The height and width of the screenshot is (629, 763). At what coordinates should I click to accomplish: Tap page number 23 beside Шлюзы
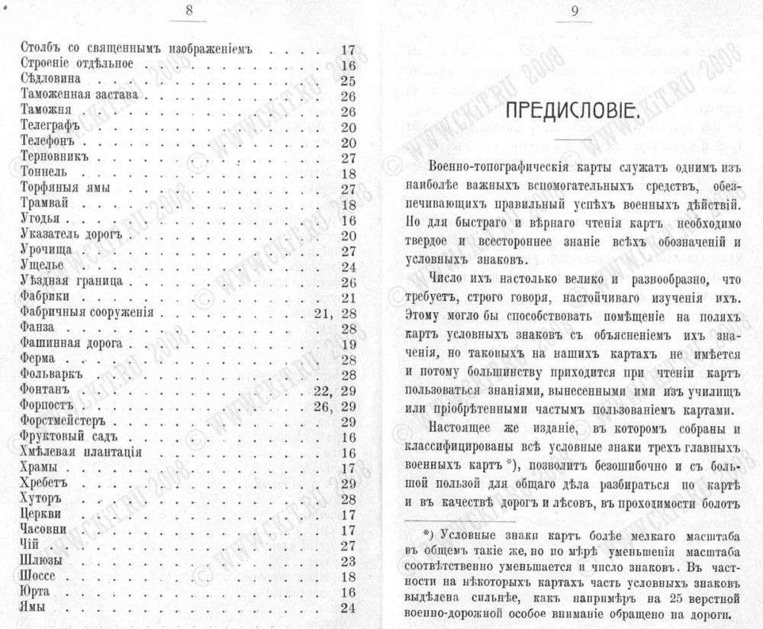349,560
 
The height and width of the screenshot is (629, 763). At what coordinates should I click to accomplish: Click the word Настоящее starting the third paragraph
460,427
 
